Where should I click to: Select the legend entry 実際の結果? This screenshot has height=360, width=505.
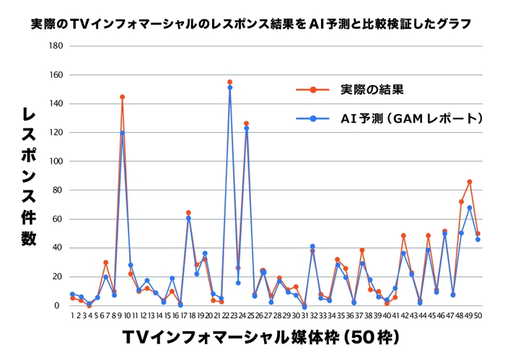371,90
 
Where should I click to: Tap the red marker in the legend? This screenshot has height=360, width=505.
314,90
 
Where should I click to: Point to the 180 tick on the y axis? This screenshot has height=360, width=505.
56,46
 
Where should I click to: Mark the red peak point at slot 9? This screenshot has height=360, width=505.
122,97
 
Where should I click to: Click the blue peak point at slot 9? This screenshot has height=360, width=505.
122,133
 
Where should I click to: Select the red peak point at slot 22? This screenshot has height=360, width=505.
229,82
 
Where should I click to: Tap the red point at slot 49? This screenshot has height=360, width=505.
470,182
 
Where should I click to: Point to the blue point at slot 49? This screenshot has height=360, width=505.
470,208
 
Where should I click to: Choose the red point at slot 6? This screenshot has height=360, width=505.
105,263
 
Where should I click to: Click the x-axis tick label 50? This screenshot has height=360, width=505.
478,315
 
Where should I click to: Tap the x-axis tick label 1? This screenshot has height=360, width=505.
72,315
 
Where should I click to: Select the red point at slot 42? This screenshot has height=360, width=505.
403,236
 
